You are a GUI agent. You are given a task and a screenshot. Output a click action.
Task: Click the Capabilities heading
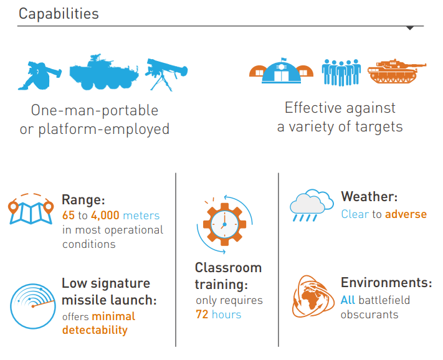tap(59, 14)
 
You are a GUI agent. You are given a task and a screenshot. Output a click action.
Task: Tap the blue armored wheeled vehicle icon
tap(104, 72)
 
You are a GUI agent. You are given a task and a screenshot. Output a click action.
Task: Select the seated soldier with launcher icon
tap(39, 75)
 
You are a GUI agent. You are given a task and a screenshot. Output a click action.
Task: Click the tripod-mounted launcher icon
tap(166, 75)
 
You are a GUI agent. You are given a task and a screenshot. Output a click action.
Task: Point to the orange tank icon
tap(397, 71)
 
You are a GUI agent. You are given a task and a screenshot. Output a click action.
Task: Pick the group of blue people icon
tap(341, 72)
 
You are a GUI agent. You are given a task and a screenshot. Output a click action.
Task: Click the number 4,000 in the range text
tap(105, 216)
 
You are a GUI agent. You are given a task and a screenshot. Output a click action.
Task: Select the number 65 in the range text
tap(69, 216)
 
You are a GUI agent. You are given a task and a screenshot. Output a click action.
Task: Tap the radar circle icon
tap(33, 306)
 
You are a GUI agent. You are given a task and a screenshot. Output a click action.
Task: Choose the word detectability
tap(95, 330)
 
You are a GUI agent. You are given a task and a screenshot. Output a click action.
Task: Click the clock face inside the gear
tap(224, 224)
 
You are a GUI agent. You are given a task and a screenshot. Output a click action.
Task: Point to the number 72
tap(202, 315)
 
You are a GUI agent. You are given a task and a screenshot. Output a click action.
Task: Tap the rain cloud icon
tap(312, 206)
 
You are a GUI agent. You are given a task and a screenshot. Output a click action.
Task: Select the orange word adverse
tap(406, 214)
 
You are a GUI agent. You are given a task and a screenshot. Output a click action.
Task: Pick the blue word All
tap(348, 300)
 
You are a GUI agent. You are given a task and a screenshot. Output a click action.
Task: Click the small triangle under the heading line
tap(410, 28)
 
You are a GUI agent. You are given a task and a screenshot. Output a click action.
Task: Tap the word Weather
tap(369, 197)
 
